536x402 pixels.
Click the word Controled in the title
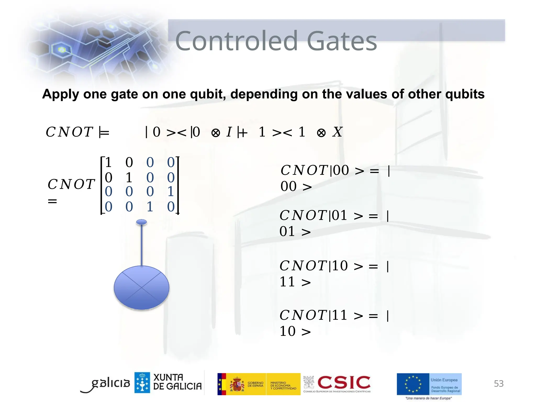pyautogui.click(x=237, y=41)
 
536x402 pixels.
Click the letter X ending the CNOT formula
pyautogui.click(x=337, y=132)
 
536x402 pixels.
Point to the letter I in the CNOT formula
pyautogui.click(x=229, y=132)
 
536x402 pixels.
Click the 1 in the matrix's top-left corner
pyautogui.click(x=108, y=162)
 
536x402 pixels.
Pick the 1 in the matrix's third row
pyautogui.click(x=171, y=191)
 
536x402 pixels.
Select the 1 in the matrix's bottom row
pyautogui.click(x=150, y=207)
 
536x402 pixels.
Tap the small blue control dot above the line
pyautogui.click(x=142, y=222)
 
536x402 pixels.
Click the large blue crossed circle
pyautogui.click(x=142, y=288)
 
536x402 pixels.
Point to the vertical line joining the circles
pyautogui.click(x=142, y=245)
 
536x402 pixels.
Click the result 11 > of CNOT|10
pyautogui.click(x=295, y=282)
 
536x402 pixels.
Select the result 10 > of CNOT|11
pyautogui.click(x=295, y=331)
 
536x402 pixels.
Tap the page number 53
pyautogui.click(x=499, y=384)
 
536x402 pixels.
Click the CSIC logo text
pyautogui.click(x=344, y=382)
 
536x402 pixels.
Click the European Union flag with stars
pyautogui.click(x=413, y=384)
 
